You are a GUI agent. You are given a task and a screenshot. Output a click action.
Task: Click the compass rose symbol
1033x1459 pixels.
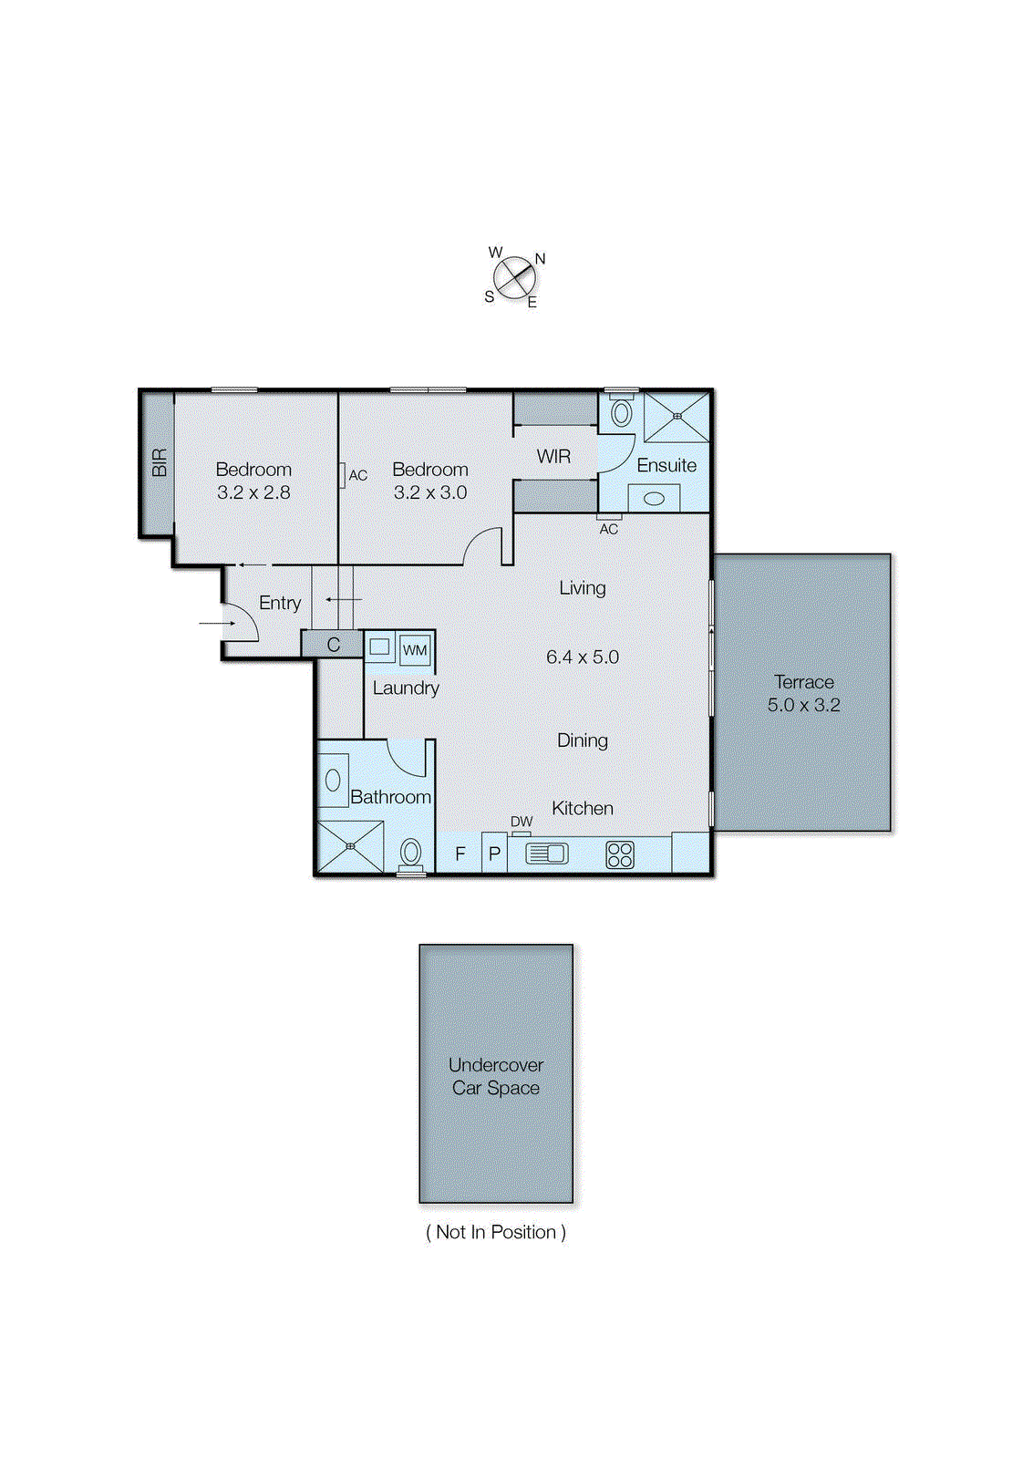point(514,277)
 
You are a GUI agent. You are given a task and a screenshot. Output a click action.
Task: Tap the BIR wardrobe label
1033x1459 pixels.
point(159,462)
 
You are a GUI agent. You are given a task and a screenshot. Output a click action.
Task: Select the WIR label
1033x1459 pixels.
point(553,457)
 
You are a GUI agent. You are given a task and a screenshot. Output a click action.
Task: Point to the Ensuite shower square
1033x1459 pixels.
point(677,417)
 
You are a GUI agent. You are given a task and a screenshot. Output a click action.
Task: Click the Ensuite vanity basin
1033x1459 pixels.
point(654,499)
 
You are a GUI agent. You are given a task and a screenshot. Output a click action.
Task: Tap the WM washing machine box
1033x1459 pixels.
point(415,650)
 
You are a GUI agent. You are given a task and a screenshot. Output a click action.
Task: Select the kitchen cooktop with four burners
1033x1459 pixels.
point(620,854)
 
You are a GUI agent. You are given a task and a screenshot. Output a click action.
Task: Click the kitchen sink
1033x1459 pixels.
point(545,854)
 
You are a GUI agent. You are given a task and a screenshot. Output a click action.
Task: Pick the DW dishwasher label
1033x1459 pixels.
point(522,822)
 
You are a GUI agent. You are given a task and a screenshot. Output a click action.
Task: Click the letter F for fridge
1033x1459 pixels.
point(460,854)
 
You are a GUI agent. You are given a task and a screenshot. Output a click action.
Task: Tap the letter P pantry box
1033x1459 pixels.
point(494,854)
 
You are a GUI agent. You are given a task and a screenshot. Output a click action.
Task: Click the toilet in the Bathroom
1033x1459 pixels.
point(411,854)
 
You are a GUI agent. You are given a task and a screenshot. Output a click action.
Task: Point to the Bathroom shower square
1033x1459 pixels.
point(350,846)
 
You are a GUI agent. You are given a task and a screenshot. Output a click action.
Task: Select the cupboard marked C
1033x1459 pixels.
point(333,645)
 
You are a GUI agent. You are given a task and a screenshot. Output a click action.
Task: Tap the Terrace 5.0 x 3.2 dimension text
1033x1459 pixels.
point(803,705)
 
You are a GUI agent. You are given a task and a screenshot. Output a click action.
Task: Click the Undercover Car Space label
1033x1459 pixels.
point(496,1076)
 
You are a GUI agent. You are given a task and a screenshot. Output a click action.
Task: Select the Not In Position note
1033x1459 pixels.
point(496,1232)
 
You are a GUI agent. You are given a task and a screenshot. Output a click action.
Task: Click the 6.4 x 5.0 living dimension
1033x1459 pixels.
point(583,657)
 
